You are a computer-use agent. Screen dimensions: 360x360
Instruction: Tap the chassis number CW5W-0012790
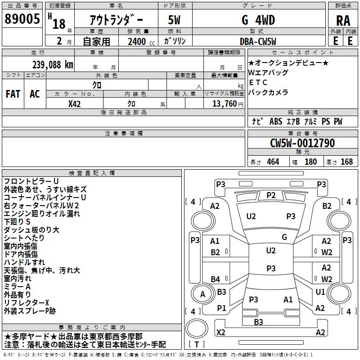(302, 144)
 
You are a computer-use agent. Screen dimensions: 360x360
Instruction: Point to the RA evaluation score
(343, 21)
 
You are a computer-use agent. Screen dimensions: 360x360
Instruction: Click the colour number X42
(75, 103)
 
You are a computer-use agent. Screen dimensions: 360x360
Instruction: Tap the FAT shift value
(13, 94)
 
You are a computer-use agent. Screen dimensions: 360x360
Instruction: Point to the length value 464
(273, 162)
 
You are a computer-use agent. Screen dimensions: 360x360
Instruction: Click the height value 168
(346, 162)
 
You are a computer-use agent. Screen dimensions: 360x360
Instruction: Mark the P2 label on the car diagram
(271, 195)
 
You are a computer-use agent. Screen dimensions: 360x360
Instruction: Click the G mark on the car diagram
(284, 237)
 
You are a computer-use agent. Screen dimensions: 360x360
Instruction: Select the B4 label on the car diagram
(216, 279)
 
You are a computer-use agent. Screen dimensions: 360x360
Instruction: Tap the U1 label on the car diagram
(320, 292)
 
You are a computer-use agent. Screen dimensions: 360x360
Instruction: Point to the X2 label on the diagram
(220, 333)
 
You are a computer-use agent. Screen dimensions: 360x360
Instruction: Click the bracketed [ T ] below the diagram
(196, 345)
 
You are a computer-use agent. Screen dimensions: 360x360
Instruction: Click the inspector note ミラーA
(17, 286)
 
